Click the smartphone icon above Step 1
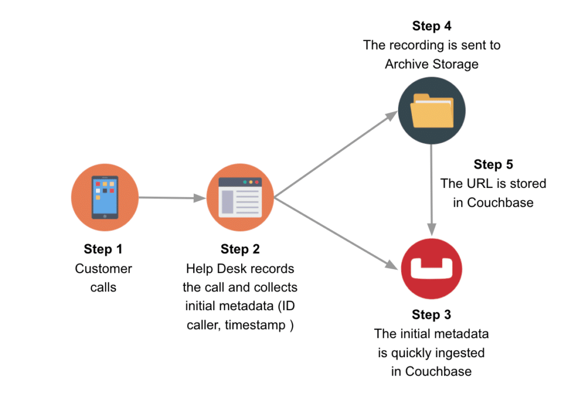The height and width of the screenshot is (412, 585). point(105,197)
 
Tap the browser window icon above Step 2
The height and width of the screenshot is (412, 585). point(241,197)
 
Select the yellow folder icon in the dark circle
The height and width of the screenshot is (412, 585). point(432,111)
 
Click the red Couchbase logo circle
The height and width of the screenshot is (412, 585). point(432,267)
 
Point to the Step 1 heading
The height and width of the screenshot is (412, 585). point(103,249)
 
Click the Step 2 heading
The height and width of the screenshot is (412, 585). point(240,249)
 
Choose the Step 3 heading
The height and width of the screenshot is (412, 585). point(431,315)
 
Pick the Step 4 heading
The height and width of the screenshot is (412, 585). point(431,26)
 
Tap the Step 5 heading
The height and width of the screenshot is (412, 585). point(493,165)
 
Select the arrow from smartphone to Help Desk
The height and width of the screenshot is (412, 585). point(172,198)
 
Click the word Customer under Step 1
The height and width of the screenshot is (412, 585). point(103,269)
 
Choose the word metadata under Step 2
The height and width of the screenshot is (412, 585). point(243,306)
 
